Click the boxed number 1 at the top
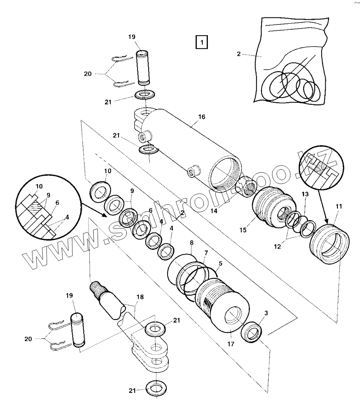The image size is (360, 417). click(202, 42)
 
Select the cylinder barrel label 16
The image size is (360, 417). click(202, 117)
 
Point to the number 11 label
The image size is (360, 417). click(339, 206)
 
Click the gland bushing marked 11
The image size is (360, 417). click(330, 245)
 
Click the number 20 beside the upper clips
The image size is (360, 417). click(88, 74)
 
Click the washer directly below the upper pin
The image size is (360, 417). click(145, 95)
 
